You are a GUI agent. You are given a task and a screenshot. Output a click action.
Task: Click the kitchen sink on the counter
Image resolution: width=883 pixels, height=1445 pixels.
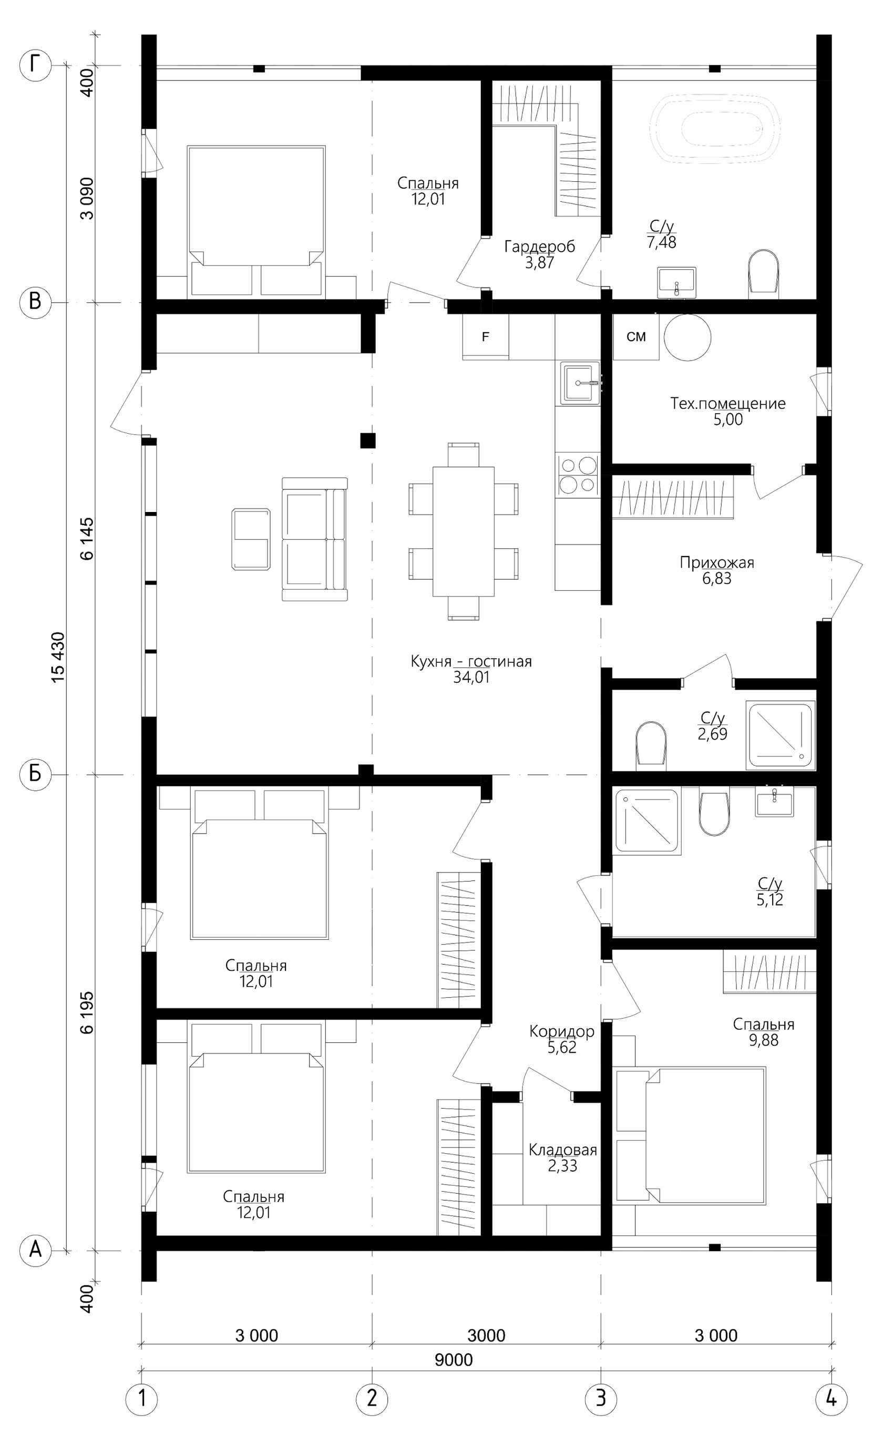[x=580, y=383]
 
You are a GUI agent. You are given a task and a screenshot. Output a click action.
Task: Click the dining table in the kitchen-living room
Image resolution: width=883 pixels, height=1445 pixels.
[x=463, y=531]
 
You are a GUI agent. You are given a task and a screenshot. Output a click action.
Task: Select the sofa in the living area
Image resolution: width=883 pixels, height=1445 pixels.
[x=315, y=539]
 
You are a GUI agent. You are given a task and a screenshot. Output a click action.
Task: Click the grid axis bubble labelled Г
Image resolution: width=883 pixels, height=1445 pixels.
[x=36, y=65]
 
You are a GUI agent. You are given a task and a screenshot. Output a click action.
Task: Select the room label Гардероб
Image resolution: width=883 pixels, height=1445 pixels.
[x=540, y=247]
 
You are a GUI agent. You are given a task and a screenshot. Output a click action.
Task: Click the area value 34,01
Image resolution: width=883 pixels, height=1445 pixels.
[x=471, y=678]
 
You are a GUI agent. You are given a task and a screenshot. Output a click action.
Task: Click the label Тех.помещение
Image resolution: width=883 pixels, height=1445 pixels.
[x=727, y=404]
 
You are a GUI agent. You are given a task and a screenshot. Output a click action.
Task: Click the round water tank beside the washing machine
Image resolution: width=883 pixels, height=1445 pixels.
[x=687, y=337]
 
